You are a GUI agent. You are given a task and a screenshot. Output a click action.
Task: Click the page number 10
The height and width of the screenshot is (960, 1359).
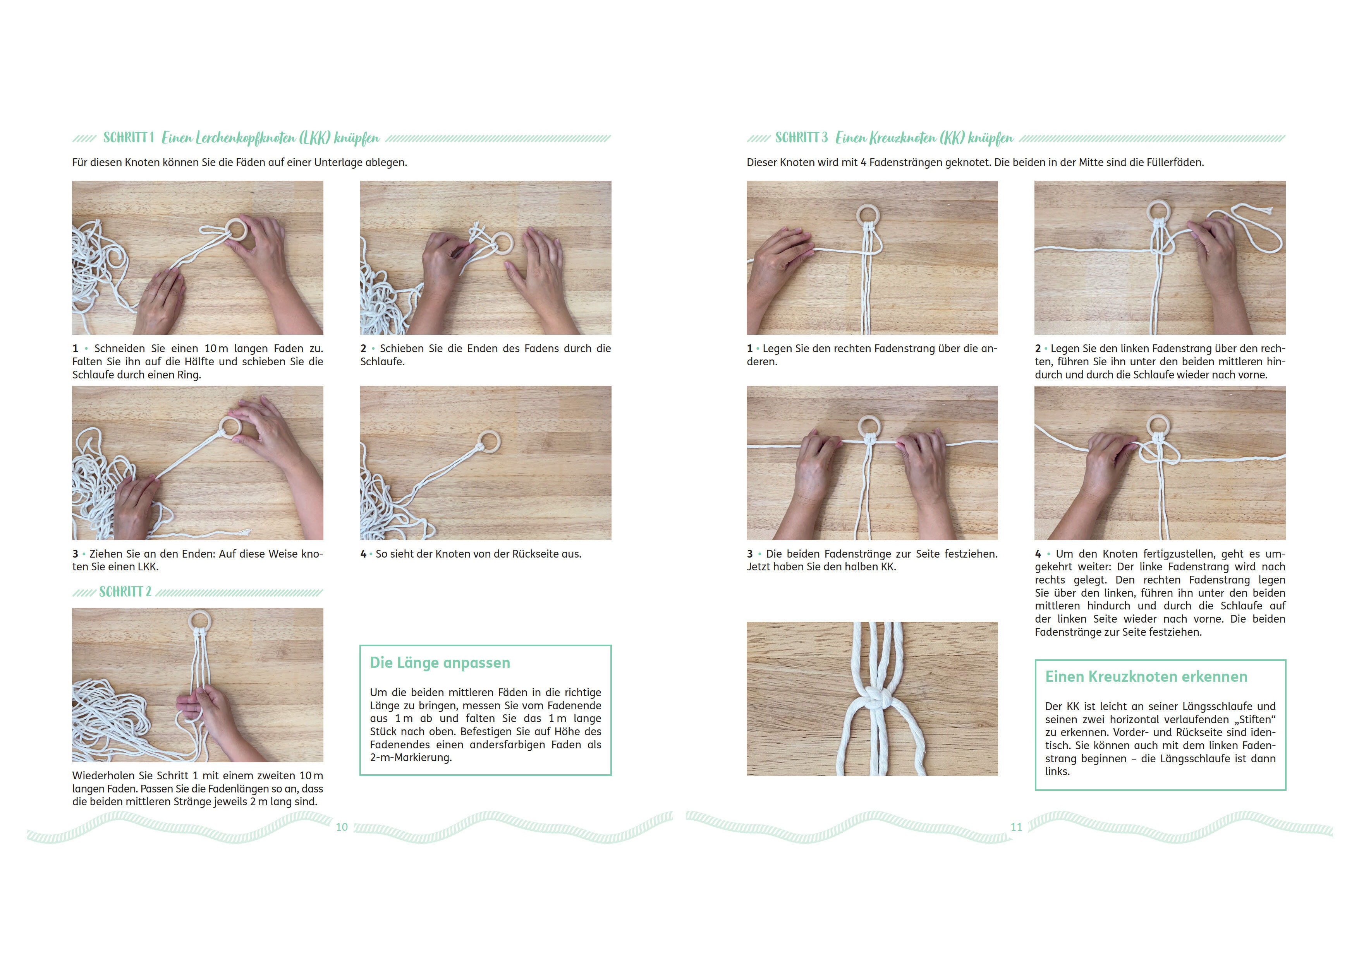click(x=342, y=827)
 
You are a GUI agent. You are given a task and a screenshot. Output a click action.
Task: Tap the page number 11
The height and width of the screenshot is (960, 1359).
click(x=1016, y=827)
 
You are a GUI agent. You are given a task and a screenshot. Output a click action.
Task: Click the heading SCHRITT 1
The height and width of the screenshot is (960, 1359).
click(x=129, y=138)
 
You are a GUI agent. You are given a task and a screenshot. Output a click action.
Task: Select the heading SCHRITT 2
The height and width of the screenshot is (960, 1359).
click(x=125, y=592)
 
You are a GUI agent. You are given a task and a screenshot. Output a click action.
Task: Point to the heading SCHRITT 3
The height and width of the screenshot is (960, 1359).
click(x=801, y=138)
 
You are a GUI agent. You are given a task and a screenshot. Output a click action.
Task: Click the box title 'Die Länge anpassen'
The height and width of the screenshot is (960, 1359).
click(x=440, y=663)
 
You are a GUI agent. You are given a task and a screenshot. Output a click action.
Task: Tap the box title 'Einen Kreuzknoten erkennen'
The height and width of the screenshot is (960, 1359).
click(x=1146, y=677)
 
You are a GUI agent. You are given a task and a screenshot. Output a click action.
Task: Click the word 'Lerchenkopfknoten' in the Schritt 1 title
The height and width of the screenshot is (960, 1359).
click(x=246, y=139)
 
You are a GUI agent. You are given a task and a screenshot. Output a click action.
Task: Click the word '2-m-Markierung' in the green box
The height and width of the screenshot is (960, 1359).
click(x=411, y=758)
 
